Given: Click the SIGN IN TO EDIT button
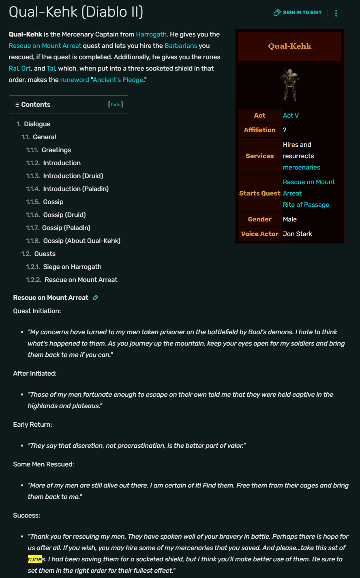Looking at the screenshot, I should point(298,13).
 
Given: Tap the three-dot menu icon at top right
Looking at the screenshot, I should point(336,13).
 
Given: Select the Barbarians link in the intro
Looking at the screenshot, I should point(181,45).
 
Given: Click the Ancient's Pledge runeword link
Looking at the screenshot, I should point(118,80).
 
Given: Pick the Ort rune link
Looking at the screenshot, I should point(26,68).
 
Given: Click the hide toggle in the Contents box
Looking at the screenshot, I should point(116,105).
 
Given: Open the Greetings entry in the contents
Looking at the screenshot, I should point(56,150).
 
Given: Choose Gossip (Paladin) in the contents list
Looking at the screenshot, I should point(66,228).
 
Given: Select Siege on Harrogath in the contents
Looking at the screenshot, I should point(72,267).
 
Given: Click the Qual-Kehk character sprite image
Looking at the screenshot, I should point(289,84).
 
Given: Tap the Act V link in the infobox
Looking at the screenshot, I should point(291,116).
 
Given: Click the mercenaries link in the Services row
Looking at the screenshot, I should point(301,168).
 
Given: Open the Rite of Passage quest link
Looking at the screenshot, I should point(306,205).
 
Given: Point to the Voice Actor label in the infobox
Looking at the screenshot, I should point(259,234).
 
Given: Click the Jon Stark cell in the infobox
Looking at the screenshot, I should point(298,234).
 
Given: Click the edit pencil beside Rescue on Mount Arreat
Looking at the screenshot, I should point(96,298).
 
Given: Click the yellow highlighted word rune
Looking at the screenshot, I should point(35,559).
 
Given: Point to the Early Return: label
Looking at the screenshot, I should point(32,424).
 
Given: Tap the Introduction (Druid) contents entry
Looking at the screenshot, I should point(73,176).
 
